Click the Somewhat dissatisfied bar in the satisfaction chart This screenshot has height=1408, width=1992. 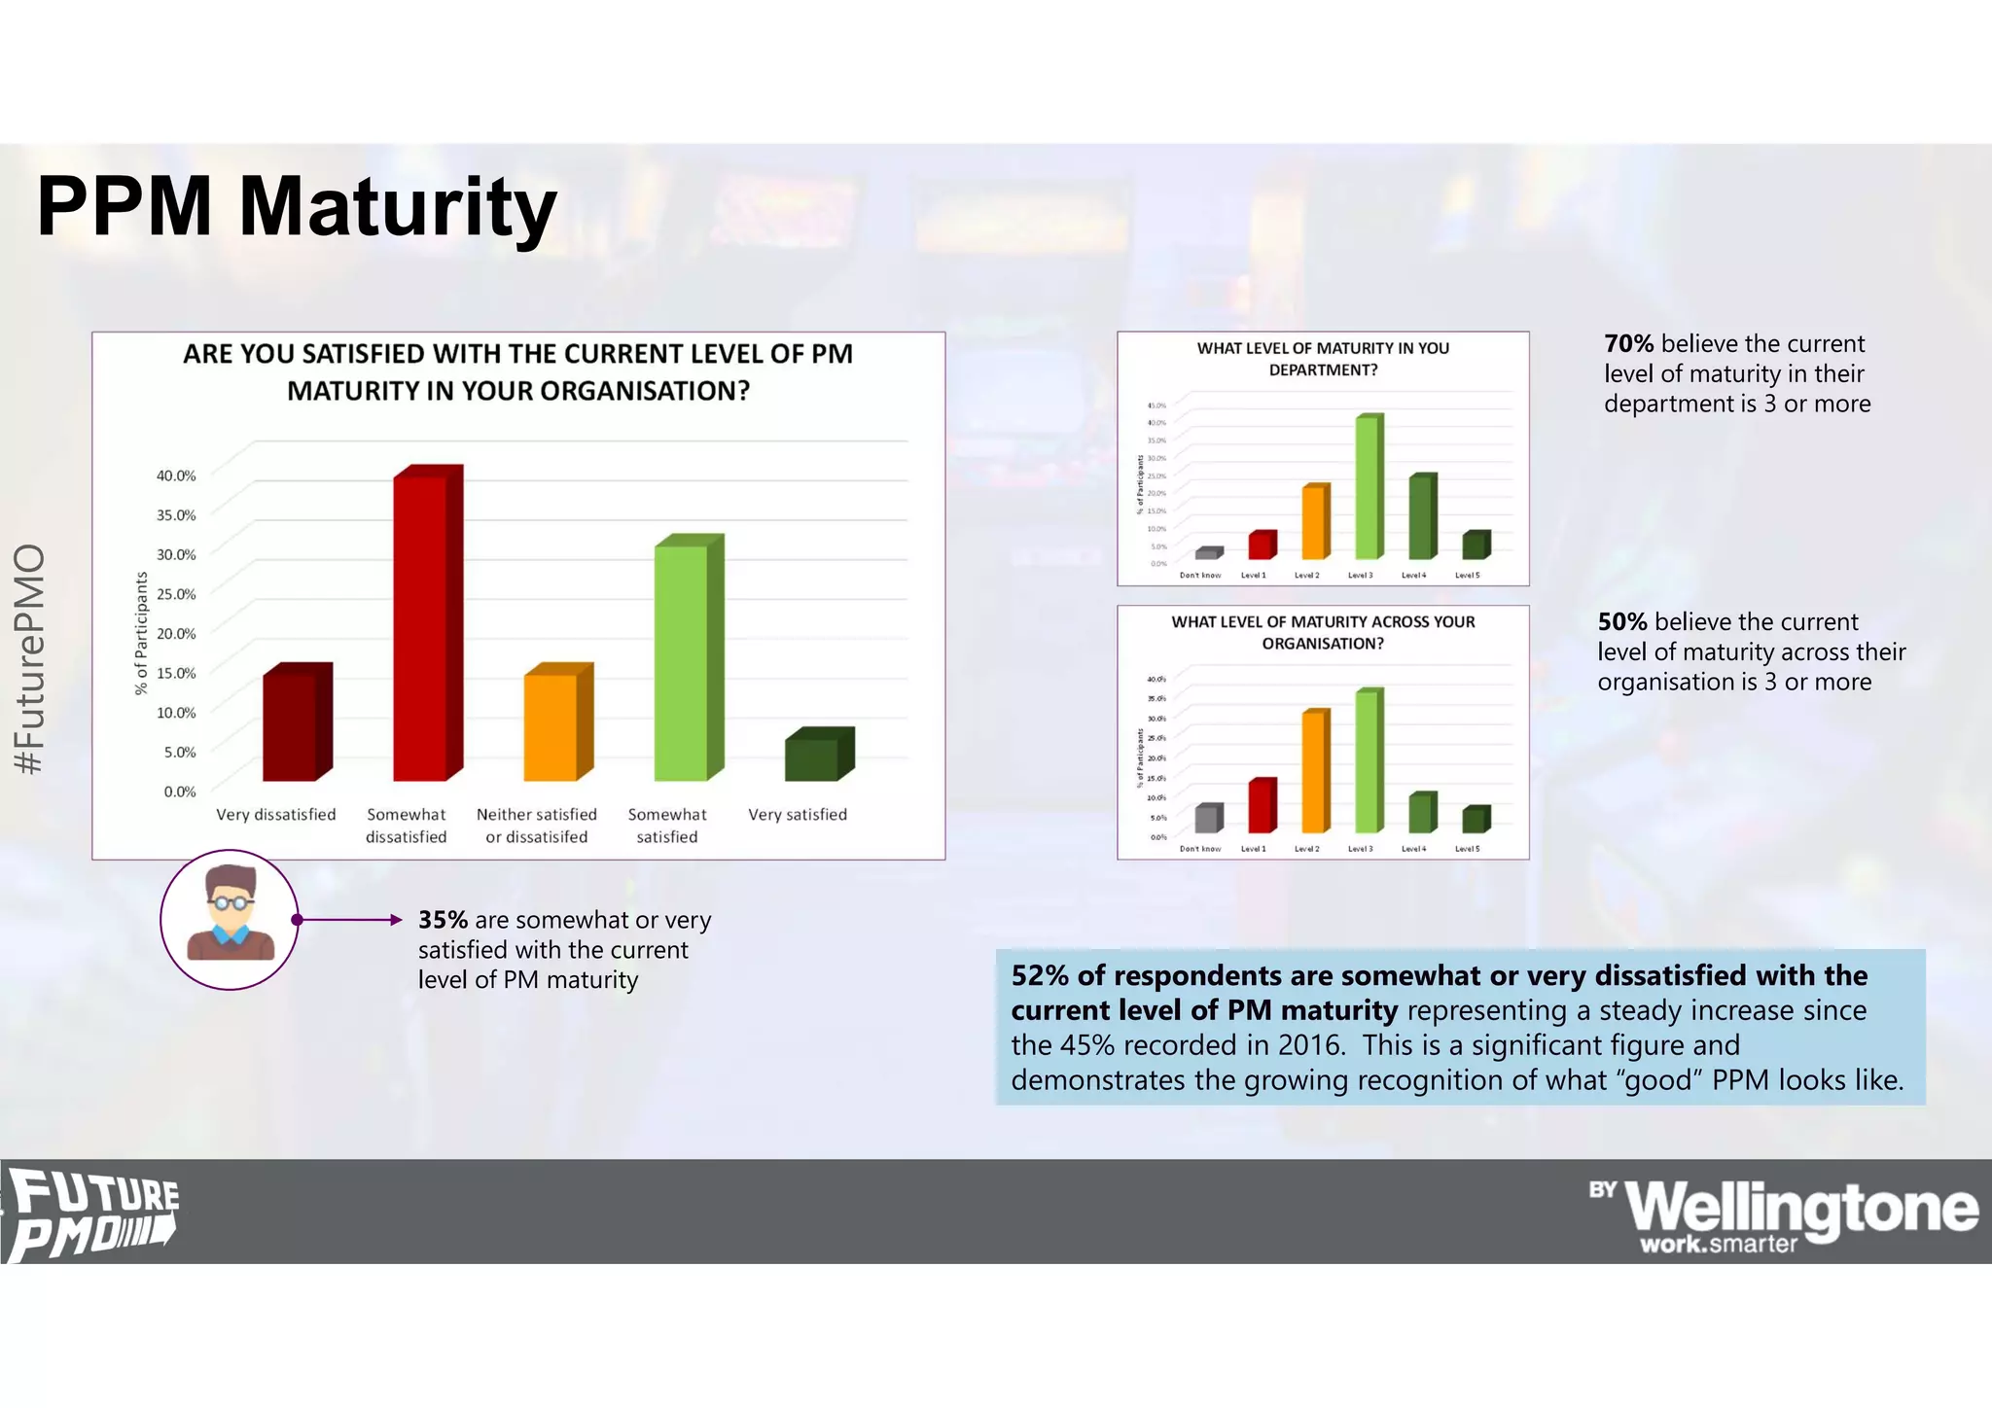click(x=421, y=627)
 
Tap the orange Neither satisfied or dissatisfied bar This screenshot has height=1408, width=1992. click(x=551, y=726)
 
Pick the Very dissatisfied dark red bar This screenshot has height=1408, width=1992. click(x=291, y=726)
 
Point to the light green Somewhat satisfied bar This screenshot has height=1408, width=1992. click(x=682, y=662)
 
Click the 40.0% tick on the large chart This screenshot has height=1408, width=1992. click(x=176, y=475)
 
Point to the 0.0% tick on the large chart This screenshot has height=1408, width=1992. click(x=180, y=792)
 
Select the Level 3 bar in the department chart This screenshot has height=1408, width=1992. click(x=1367, y=488)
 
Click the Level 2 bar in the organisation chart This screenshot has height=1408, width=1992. click(x=1313, y=772)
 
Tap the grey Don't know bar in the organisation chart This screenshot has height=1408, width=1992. click(x=1206, y=819)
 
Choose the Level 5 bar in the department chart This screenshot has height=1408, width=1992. click(x=1474, y=546)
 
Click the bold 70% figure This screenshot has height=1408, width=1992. click(x=1629, y=343)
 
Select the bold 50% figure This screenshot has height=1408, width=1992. click(x=1622, y=622)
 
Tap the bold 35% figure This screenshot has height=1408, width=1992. click(x=443, y=920)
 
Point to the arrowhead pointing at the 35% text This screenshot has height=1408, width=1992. click(x=395, y=920)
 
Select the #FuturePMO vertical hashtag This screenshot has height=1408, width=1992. click(x=30, y=659)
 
